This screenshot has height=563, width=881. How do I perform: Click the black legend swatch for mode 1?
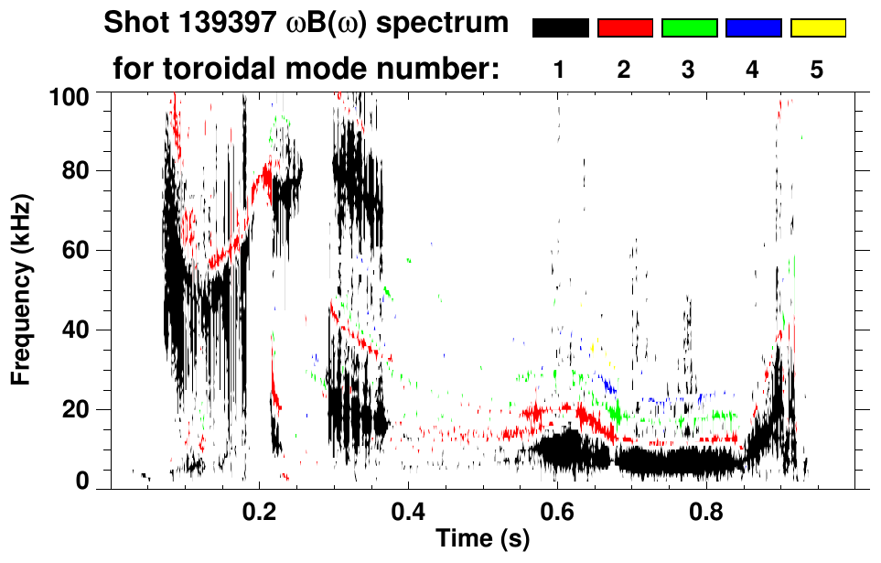pos(561,28)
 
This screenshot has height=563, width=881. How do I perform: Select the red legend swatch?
pos(625,28)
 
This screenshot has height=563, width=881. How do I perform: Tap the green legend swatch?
pos(689,28)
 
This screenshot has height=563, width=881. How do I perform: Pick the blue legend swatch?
pos(753,28)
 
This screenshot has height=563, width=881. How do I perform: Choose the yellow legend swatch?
pos(817,28)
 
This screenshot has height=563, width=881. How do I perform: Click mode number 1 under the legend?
pos(559,70)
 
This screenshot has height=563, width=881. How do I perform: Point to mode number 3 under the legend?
pos(688,70)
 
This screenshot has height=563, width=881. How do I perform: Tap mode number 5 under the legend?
pos(817,70)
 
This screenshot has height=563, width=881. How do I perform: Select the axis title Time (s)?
pos(482,540)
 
